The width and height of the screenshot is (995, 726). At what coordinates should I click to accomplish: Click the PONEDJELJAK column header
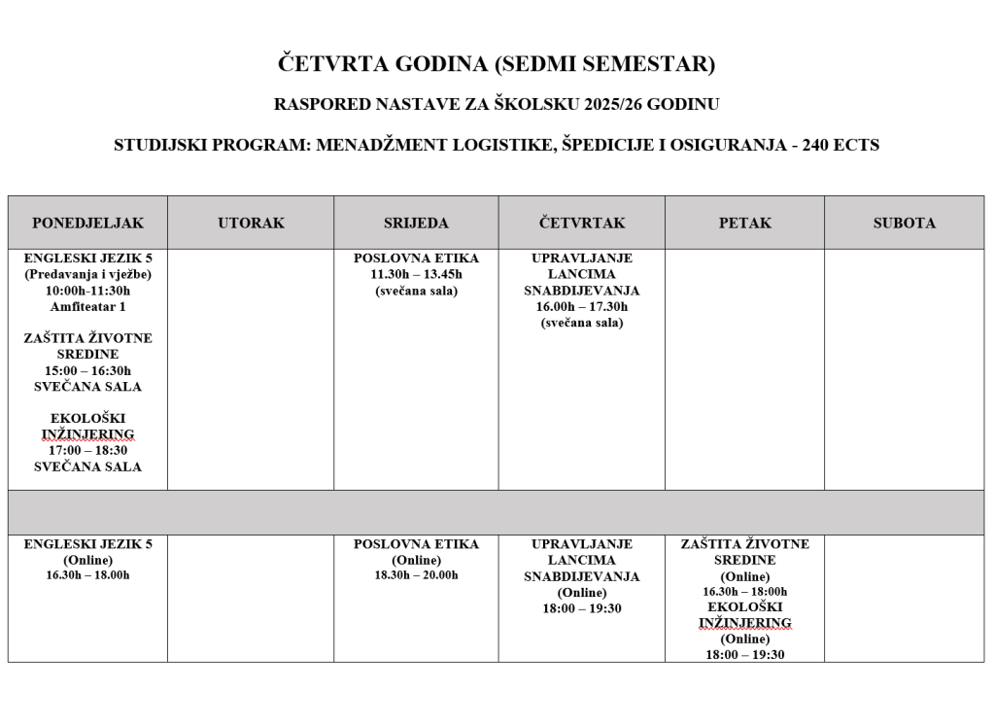[x=87, y=223]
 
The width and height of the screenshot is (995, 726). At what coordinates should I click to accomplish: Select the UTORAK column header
[x=251, y=223]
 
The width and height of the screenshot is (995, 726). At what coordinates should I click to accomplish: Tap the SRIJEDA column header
[x=416, y=223]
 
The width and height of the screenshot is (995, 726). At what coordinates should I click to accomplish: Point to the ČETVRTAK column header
[x=582, y=223]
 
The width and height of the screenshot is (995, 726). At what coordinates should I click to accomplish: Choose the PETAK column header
[x=744, y=223]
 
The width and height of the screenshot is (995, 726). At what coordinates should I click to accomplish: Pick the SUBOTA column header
[x=904, y=223]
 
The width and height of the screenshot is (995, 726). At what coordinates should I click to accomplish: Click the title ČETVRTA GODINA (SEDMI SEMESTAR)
[x=497, y=65]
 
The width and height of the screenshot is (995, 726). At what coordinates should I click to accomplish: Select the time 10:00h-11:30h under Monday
[x=87, y=291]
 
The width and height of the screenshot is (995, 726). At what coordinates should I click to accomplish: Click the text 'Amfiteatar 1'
[x=87, y=306]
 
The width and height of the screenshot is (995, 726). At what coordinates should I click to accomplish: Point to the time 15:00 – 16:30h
[x=87, y=370]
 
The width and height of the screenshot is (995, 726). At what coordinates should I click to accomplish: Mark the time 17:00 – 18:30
[x=87, y=450]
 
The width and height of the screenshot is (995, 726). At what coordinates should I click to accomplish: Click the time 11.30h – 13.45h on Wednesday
[x=416, y=274]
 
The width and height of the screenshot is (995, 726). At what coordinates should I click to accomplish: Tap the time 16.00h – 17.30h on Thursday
[x=582, y=306]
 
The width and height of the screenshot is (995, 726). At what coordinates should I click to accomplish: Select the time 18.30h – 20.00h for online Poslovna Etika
[x=416, y=575]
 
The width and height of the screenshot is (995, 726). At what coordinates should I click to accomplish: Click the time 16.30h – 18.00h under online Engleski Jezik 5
[x=87, y=575]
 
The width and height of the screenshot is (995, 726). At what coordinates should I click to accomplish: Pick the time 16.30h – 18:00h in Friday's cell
[x=744, y=591]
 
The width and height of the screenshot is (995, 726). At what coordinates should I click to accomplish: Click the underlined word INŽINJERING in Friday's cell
[x=744, y=623]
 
